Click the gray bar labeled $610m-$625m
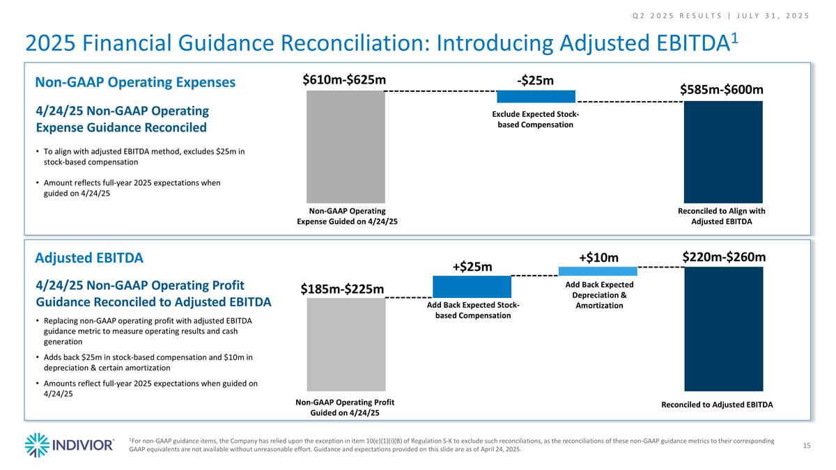(x=346, y=146)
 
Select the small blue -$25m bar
(x=536, y=97)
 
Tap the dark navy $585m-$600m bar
(x=723, y=152)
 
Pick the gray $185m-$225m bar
(x=346, y=344)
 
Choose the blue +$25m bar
(x=472, y=287)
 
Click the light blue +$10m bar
(x=598, y=271)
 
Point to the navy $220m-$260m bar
(x=723, y=329)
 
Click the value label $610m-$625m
(x=344, y=80)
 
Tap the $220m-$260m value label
(x=723, y=257)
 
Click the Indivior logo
(x=69, y=445)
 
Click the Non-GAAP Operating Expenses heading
(x=135, y=82)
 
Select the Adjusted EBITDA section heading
(x=89, y=258)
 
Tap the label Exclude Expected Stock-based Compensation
(x=535, y=119)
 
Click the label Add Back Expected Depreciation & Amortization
(x=599, y=295)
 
